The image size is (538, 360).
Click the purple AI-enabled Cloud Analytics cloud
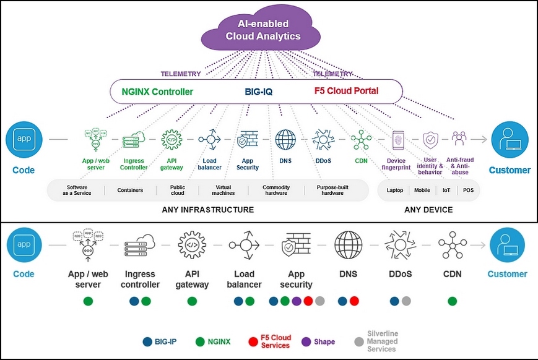pos(263,30)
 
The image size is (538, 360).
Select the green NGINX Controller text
pos(157,92)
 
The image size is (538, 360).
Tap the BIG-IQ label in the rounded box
pos(258,92)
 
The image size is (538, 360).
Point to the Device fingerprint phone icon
pos(396,140)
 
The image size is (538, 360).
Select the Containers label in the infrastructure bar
pos(130,191)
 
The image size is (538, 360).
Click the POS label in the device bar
pos(468,191)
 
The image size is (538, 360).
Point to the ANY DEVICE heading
pos(428,210)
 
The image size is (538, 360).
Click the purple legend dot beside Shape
pos(305,341)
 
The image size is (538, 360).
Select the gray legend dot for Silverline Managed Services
pos(358,341)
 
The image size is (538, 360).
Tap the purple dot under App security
pos(297,301)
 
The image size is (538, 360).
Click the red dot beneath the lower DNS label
pos(354,301)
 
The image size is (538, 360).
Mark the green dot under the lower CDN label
pos(453,301)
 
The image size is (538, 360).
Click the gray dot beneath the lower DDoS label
pos(406,301)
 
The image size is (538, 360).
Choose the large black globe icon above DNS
pos(348,245)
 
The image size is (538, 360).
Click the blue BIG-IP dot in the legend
pos(147,341)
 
